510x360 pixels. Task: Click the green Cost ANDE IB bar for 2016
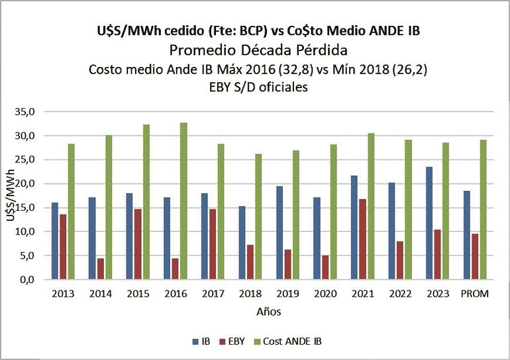click(183, 201)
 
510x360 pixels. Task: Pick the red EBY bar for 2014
click(99, 269)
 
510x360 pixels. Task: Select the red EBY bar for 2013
click(62, 247)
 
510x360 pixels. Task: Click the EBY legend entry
click(234, 341)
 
